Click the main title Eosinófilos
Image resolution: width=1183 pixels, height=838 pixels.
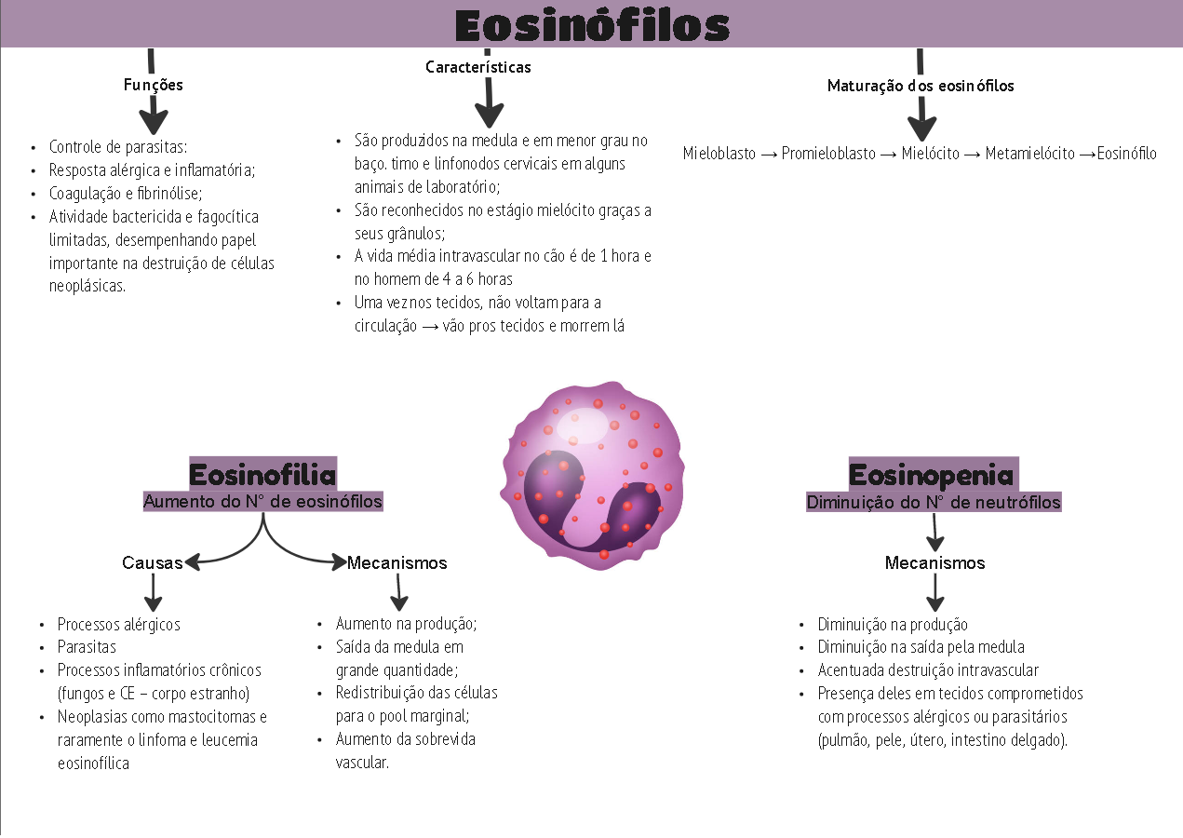point(592,25)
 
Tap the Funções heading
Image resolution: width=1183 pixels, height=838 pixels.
point(154,85)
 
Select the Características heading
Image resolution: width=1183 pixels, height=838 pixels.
point(478,67)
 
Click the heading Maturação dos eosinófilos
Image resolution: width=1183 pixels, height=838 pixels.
point(921,86)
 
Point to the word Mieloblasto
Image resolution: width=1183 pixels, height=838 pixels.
point(719,154)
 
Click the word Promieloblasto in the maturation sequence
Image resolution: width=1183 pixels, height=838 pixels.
point(828,154)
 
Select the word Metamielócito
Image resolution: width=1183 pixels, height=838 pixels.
point(1029,154)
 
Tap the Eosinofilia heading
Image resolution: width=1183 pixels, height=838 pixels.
point(262,475)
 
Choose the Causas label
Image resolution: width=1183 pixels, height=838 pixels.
point(152,562)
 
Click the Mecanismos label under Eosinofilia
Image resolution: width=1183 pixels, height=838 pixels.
point(397,562)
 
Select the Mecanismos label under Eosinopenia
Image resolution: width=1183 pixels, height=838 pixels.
point(934,562)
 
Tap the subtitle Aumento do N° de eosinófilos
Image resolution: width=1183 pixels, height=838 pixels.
point(262,501)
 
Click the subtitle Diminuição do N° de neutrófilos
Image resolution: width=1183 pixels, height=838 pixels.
point(934,502)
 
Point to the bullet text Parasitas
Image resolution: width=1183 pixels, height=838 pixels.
point(87,647)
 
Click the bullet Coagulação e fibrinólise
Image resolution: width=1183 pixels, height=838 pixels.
point(126,194)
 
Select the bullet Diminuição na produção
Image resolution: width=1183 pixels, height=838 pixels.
point(893,625)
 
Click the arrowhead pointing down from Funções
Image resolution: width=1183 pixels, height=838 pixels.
point(154,122)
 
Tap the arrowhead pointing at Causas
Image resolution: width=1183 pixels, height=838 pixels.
point(193,562)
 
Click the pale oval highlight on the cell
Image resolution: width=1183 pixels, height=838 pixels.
point(583,426)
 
